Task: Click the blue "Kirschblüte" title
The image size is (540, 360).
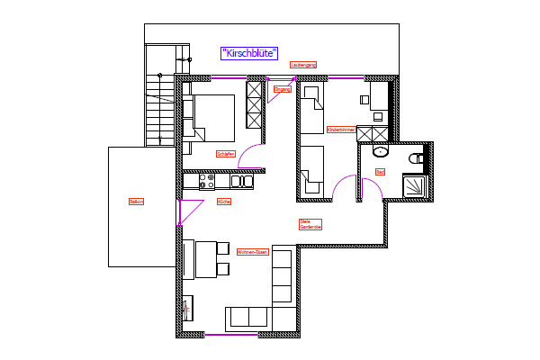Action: (249, 53)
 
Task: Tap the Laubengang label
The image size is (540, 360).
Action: (303, 65)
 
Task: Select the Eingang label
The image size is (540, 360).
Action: (283, 89)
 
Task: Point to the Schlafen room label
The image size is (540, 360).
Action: (226, 154)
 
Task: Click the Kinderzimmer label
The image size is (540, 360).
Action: (341, 130)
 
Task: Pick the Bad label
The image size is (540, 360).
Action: (380, 171)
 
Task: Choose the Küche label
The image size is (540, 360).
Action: (224, 202)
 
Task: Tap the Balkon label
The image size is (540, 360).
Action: (136, 202)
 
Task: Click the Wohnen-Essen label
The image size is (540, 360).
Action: (252, 253)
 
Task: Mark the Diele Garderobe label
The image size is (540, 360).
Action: (310, 224)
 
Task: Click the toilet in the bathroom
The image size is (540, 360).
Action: (416, 158)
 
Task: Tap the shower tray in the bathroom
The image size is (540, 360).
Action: (416, 186)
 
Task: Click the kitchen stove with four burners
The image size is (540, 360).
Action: (206, 181)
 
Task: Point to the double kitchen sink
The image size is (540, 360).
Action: (241, 181)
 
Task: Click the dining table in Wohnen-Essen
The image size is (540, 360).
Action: (204, 258)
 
